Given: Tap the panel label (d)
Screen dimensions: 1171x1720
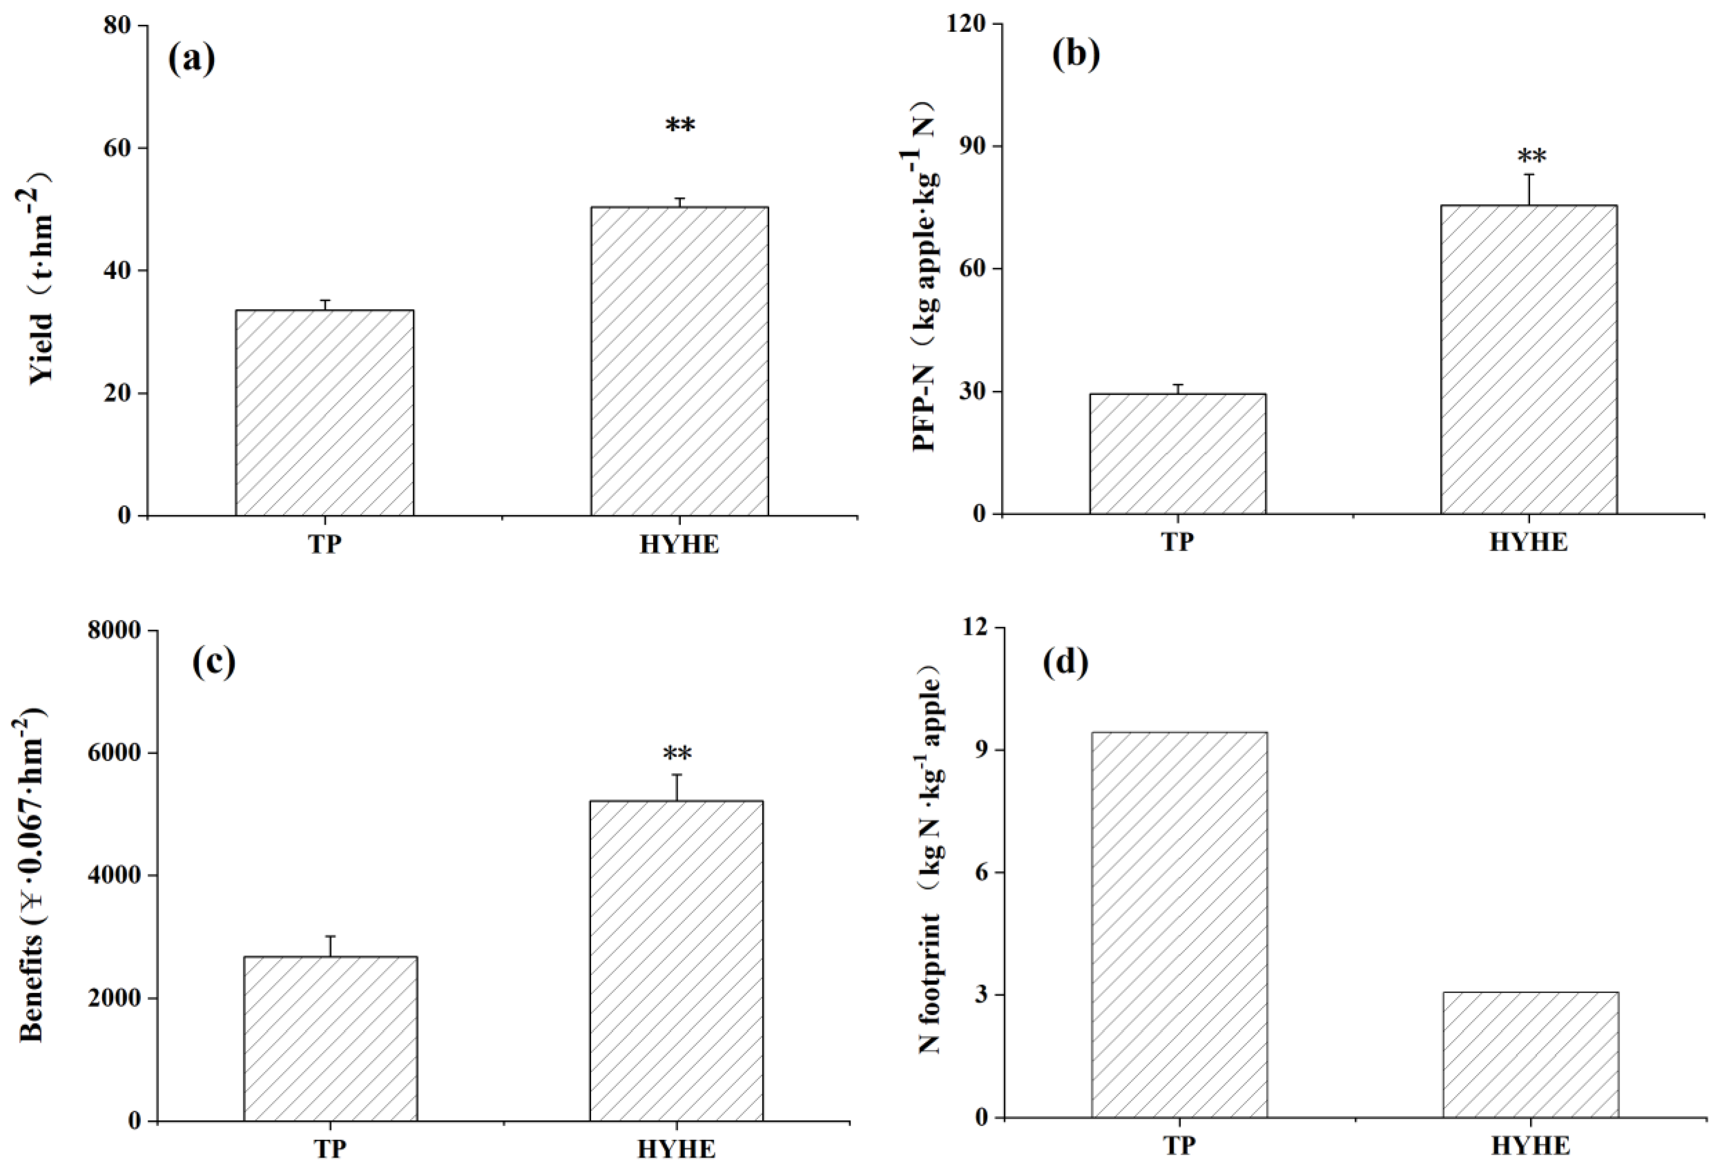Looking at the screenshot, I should click(x=1066, y=662).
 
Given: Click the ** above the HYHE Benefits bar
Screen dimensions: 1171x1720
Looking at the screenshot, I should click(x=677, y=755).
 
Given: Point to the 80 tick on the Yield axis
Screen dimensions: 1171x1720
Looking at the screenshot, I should click(x=116, y=26).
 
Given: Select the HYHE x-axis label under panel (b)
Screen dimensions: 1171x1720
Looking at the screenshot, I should click(x=1528, y=543).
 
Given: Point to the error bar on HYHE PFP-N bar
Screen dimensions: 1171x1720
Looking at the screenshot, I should click(x=1528, y=189).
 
